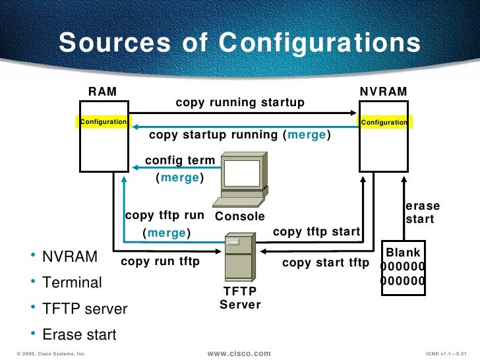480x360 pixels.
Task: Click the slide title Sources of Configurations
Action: coord(239,44)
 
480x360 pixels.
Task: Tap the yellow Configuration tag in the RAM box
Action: coord(103,122)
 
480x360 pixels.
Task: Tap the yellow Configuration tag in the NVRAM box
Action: coord(384,123)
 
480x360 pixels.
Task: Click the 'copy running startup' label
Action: coord(240,102)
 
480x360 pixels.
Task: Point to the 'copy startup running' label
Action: coord(240,135)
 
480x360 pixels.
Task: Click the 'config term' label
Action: coord(179,160)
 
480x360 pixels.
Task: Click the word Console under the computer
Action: coord(240,216)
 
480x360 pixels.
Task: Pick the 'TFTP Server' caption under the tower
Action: coord(240,298)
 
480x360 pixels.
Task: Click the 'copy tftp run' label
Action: coord(164,216)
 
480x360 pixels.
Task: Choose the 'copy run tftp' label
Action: coord(160,262)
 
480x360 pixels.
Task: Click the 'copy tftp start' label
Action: coord(316,231)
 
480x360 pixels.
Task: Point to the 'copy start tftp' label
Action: coord(326,262)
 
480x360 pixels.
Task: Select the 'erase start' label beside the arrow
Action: coord(422,212)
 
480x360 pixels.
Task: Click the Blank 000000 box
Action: coord(403,267)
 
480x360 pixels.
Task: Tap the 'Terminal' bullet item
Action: coord(72,283)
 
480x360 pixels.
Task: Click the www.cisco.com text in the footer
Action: coord(239,353)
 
